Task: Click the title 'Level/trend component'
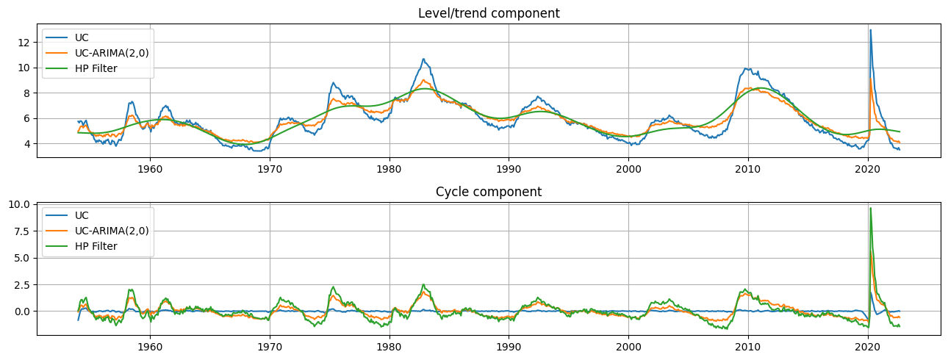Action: click(489, 13)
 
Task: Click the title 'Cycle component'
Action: click(489, 192)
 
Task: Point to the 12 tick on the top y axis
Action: click(27, 43)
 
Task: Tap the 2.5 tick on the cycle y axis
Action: click(26, 284)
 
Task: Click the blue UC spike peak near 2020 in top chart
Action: click(871, 30)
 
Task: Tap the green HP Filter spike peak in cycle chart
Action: click(871, 209)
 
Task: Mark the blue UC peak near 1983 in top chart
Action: click(423, 59)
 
